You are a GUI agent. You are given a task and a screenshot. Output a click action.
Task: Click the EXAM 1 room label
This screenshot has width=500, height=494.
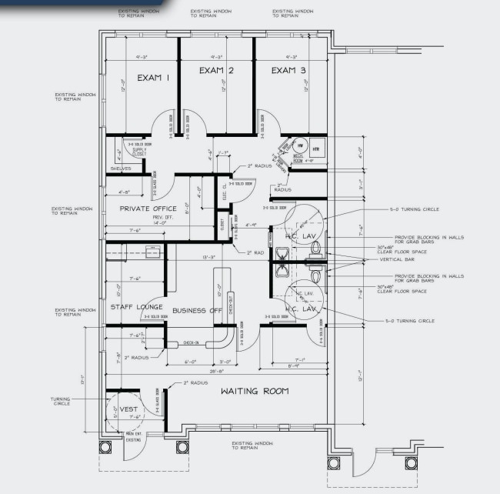(x=153, y=78)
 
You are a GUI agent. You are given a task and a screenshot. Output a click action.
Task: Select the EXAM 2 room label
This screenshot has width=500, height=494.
(x=216, y=71)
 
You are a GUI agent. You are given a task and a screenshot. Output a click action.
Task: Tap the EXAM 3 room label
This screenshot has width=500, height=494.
(x=288, y=71)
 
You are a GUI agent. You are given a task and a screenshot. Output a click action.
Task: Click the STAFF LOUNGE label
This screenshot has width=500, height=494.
(x=136, y=306)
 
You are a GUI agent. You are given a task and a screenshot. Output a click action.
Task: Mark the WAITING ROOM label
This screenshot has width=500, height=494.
(x=255, y=391)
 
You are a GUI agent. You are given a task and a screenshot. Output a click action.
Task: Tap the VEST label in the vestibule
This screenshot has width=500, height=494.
(x=128, y=409)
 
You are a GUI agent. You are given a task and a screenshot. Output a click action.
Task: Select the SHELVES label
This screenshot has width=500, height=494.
(x=121, y=168)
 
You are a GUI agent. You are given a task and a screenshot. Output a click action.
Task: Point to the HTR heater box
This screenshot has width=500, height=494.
(x=315, y=147)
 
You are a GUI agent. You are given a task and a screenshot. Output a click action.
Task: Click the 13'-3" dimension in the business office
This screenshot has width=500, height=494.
(x=208, y=257)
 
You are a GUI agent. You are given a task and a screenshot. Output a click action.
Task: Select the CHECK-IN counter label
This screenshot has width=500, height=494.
(x=191, y=342)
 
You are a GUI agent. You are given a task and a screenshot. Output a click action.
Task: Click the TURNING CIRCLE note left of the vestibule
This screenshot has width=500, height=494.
(x=61, y=402)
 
